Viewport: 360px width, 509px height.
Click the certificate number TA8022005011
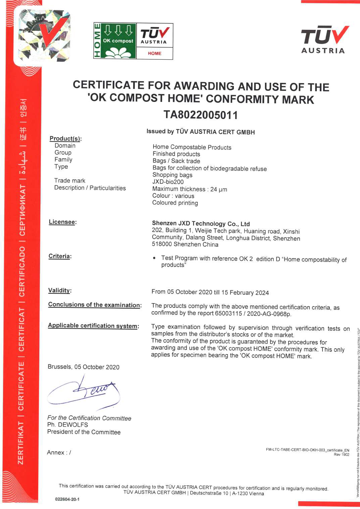tap(201, 115)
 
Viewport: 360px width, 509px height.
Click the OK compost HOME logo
tap(133, 41)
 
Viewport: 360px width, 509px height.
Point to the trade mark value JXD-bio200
tap(168, 182)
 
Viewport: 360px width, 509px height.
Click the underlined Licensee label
tap(62, 222)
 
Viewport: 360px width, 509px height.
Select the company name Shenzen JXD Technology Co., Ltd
tap(201, 224)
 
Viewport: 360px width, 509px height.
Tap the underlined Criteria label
tap(60, 256)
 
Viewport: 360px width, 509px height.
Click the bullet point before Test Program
tap(154, 258)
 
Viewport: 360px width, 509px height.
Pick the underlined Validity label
tap(59, 290)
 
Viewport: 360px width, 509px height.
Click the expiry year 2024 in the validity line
tap(262, 293)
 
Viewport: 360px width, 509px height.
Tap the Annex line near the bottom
tap(59, 452)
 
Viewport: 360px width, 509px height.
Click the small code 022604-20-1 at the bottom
tap(67, 499)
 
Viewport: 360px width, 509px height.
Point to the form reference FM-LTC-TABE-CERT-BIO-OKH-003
tap(296, 450)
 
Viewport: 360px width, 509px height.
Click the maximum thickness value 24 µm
tap(218, 189)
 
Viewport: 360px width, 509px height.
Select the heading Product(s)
tap(65, 138)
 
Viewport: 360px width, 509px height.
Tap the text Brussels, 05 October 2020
tap(84, 367)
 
